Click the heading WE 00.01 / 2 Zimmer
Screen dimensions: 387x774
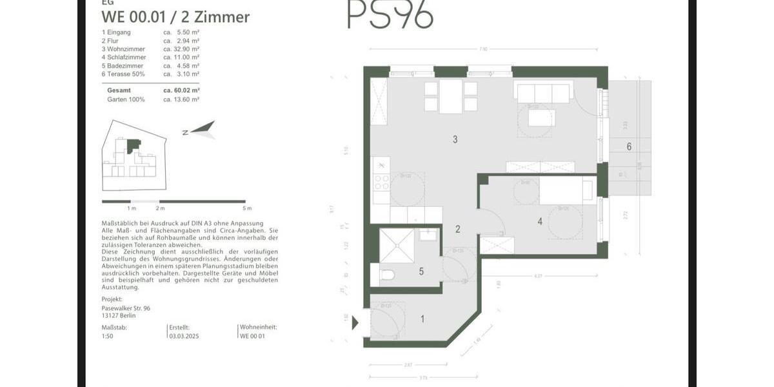175,17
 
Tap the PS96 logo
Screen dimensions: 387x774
390,14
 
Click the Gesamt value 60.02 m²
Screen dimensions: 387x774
181,90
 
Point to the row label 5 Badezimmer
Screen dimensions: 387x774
123,66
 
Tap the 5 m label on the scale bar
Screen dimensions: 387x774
246,208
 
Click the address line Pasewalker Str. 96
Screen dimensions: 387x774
126,308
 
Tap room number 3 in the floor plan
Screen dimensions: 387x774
455,139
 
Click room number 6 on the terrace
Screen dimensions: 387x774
629,146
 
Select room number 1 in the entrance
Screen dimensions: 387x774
422,319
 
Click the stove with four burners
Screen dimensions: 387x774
381,183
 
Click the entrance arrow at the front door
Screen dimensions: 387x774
354,322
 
